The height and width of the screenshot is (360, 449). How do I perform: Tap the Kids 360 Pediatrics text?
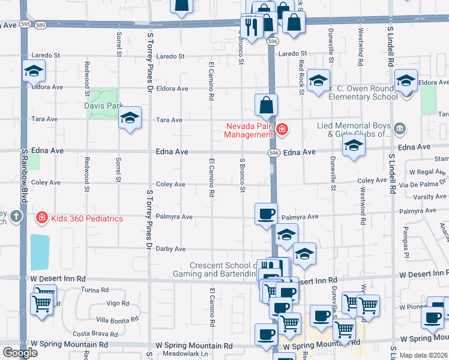coord(88,218)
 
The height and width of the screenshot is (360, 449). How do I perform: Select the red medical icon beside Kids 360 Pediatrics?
coord(42,218)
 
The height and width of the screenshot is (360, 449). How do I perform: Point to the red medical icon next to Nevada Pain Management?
coord(282,127)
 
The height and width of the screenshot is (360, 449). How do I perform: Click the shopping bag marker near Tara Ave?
coord(266,105)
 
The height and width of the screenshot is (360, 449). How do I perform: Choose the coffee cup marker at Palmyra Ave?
coord(266,214)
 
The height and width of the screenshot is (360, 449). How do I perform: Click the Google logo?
coord(20,353)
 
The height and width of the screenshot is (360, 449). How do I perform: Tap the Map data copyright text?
coord(424,355)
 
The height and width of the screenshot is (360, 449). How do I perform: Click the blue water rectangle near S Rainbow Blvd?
coord(40,252)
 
